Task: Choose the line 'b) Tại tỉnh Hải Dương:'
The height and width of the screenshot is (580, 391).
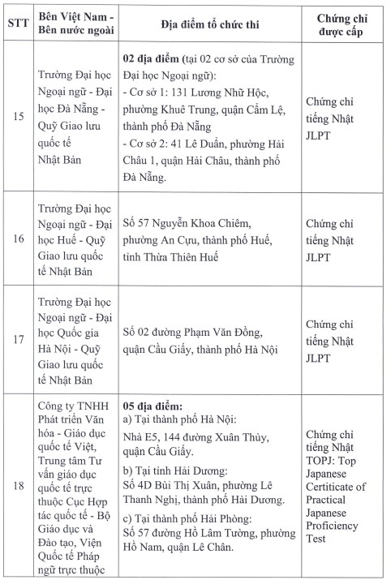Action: pos(173,470)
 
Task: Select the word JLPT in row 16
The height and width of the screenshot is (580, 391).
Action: pos(321,258)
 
